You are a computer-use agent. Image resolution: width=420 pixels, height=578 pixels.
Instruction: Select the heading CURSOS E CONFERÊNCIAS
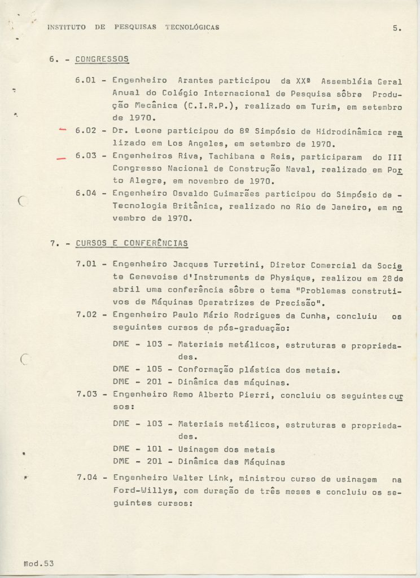coord(132,243)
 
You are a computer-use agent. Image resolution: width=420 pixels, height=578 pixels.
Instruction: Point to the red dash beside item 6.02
coord(63,130)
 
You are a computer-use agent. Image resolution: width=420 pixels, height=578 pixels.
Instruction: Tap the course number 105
coord(154,370)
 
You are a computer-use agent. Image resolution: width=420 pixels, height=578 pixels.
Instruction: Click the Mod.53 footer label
coord(38,563)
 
